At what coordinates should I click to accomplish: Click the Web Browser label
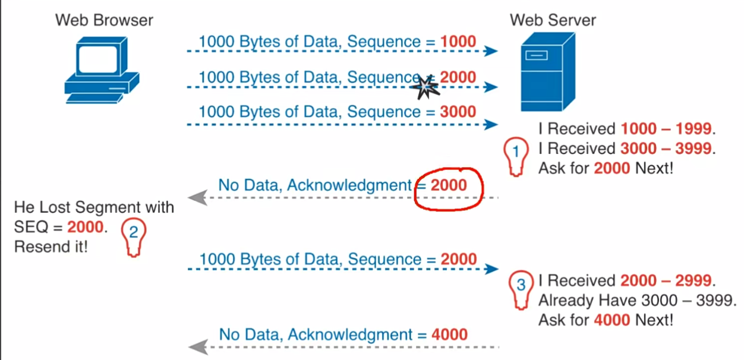104,20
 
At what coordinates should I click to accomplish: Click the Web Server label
553,20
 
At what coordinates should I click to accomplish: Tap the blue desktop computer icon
101,70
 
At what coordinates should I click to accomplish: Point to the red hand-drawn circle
449,188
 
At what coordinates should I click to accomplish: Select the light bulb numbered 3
521,289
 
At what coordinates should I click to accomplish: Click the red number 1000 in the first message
458,42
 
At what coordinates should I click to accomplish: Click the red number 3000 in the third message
458,112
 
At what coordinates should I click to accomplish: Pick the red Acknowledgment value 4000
449,334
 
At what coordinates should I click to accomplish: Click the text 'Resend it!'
51,247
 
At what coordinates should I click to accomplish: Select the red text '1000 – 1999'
666,128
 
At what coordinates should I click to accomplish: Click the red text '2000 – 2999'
666,280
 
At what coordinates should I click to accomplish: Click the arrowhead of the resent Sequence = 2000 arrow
491,269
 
